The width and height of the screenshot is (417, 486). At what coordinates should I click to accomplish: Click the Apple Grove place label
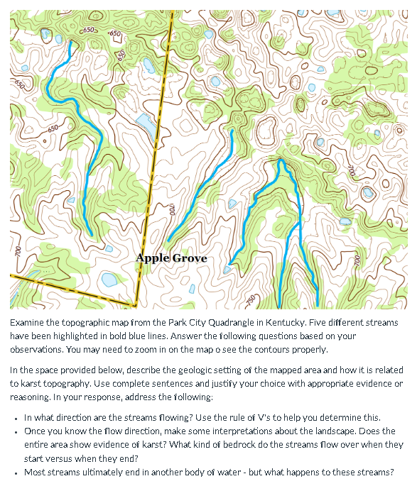[x=171, y=258]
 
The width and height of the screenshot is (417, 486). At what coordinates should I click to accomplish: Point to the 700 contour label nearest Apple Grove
[x=172, y=210]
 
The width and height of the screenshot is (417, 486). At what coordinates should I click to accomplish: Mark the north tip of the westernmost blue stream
[x=71, y=42]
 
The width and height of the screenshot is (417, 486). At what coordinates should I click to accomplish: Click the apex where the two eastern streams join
[x=281, y=161]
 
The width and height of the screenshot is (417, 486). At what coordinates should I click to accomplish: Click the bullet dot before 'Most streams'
[x=16, y=472]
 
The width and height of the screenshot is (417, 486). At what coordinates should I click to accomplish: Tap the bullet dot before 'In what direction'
[x=16, y=417]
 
